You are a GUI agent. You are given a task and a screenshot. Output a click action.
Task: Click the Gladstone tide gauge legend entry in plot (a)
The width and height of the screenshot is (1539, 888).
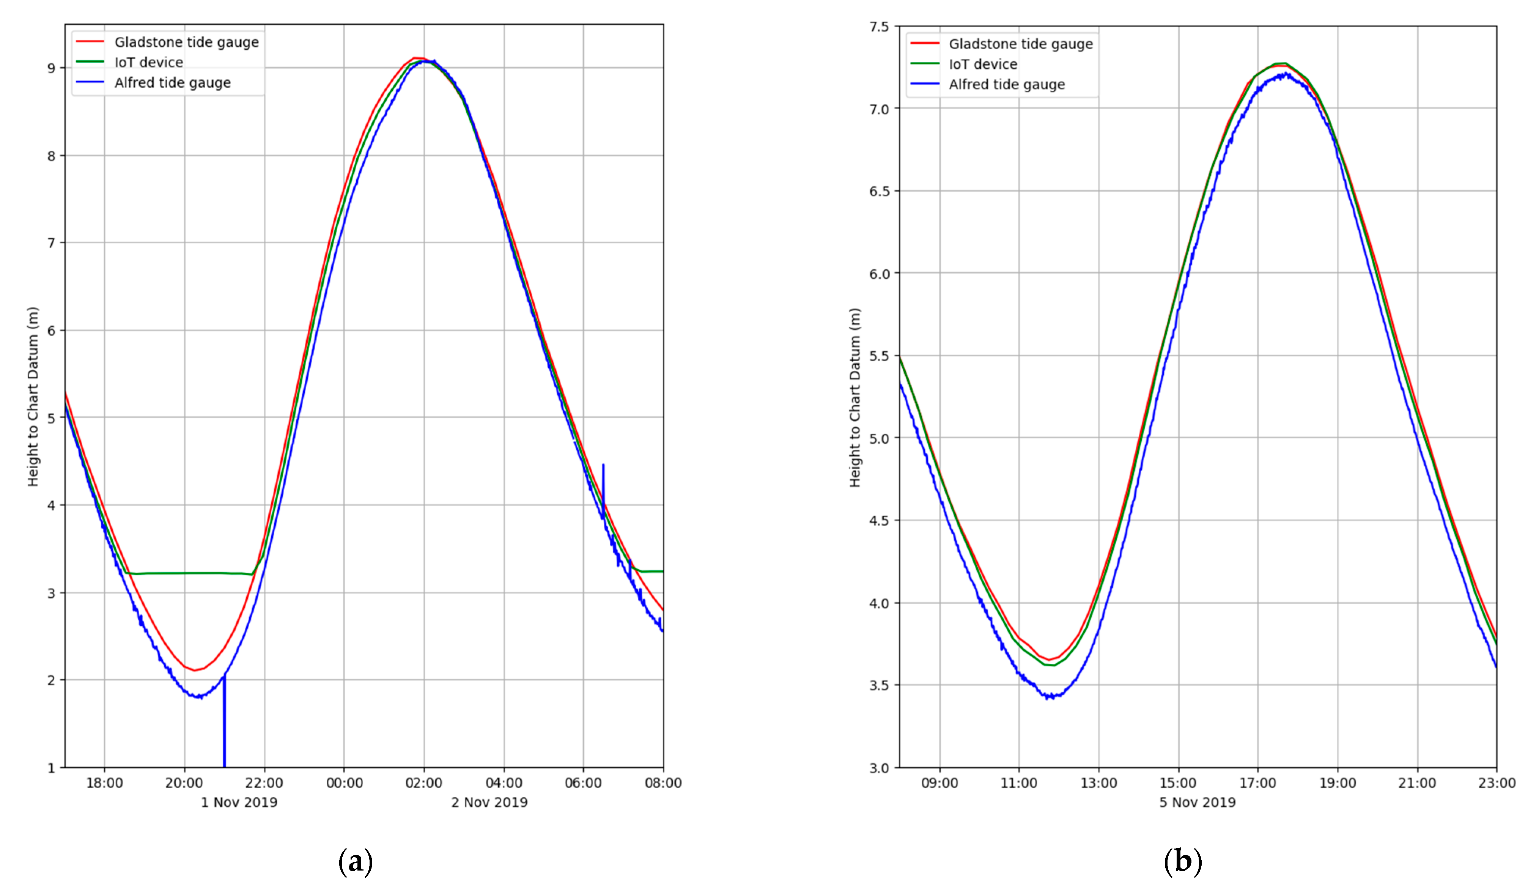tap(186, 42)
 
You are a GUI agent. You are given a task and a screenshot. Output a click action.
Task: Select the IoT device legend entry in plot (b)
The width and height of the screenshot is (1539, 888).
tap(982, 64)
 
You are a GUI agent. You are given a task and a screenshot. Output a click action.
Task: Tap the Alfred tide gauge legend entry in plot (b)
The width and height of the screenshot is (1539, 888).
tap(1006, 85)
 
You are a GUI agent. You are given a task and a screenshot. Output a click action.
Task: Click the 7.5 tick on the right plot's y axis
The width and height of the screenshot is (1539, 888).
tap(879, 26)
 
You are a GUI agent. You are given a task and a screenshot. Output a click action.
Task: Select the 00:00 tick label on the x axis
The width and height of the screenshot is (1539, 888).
tap(344, 783)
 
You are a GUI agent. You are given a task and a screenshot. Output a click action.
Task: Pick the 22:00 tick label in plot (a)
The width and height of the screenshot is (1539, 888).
tap(264, 783)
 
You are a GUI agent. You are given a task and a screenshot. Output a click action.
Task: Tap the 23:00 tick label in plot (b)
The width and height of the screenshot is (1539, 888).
tap(1497, 783)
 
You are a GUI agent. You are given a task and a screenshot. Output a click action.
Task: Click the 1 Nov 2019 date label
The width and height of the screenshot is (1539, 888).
tap(239, 802)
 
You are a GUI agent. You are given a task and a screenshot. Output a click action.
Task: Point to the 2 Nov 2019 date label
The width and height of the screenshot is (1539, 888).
tap(489, 802)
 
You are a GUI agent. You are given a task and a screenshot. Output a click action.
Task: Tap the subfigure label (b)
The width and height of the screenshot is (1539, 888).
tap(1183, 861)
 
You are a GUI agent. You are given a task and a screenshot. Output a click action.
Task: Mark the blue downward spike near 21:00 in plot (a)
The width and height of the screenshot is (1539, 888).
tap(224, 726)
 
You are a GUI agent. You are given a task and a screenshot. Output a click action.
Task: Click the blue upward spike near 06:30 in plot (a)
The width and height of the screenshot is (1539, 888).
tap(603, 482)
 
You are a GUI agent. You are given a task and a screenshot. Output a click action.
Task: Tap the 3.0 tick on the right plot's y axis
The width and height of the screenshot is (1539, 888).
tap(879, 767)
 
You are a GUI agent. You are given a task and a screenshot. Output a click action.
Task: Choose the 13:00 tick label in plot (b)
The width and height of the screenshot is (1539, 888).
tap(1099, 783)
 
